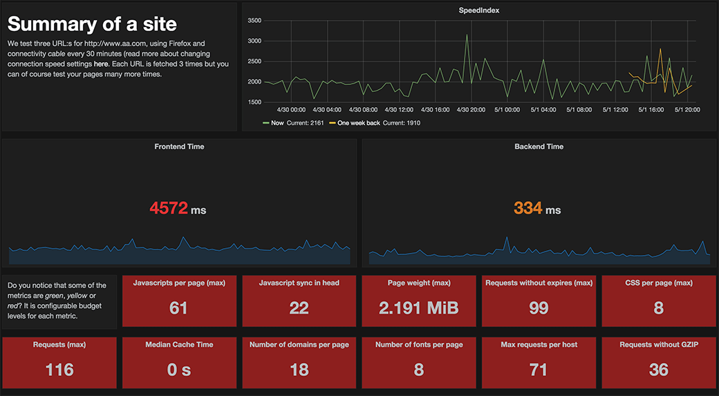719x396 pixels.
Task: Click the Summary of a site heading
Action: tap(92, 25)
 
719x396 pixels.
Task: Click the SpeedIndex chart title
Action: tap(479, 10)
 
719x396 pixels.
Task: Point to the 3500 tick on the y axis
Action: tap(253, 21)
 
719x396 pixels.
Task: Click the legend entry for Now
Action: tap(277, 123)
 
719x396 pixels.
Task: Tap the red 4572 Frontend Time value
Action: tap(169, 208)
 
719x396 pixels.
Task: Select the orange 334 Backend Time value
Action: tap(527, 208)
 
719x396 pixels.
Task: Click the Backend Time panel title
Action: tap(539, 147)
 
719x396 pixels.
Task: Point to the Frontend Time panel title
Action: tap(179, 147)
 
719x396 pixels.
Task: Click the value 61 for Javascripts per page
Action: tap(178, 308)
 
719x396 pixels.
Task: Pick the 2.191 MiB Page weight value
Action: tap(419, 308)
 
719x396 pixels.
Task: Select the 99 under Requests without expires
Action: tap(539, 308)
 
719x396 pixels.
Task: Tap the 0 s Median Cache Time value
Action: tap(179, 370)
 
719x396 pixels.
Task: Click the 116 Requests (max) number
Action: tap(59, 370)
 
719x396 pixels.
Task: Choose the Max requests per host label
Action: tap(539, 344)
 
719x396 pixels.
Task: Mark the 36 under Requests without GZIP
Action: tap(658, 370)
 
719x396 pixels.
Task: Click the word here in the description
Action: tap(100, 64)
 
